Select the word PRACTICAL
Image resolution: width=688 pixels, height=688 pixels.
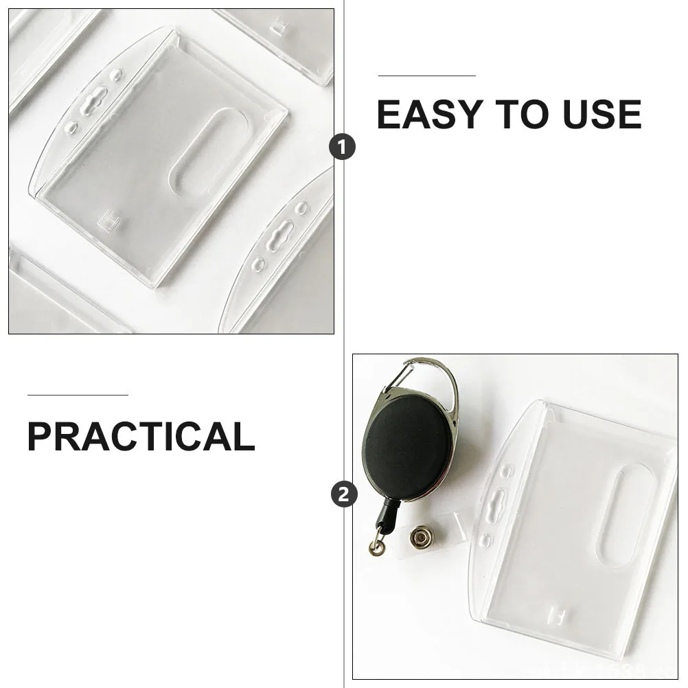pyautogui.click(x=141, y=437)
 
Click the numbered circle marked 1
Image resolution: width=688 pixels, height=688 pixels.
pyautogui.click(x=343, y=147)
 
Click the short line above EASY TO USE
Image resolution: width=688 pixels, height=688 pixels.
pyautogui.click(x=426, y=76)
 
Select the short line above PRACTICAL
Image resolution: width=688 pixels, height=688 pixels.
pyautogui.click(x=78, y=395)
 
